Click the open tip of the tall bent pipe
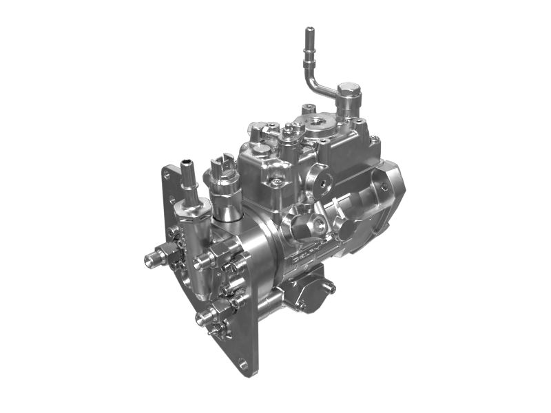[x=309, y=31]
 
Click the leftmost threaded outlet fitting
[x=153, y=258]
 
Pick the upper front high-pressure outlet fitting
[x=205, y=260]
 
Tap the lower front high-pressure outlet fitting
[x=204, y=317]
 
